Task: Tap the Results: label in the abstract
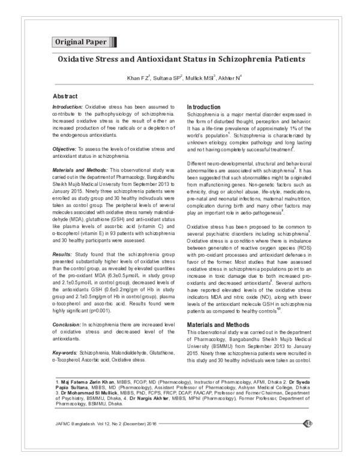click(x=65, y=238)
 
